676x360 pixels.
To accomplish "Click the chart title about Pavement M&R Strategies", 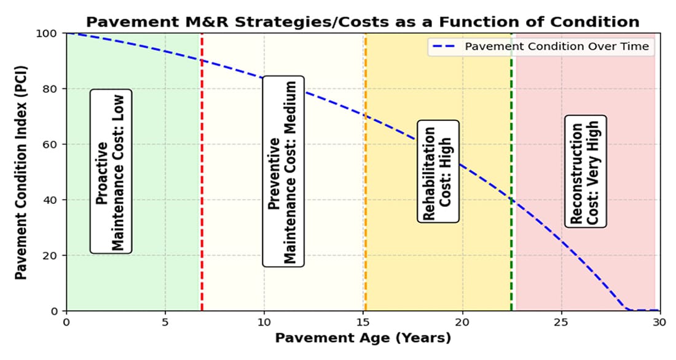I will pos(363,22).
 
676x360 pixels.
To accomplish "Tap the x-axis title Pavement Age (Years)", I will pos(363,337).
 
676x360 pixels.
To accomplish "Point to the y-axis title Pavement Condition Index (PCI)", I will pos(21,172).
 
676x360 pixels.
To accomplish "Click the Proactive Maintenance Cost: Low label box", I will pos(111,171).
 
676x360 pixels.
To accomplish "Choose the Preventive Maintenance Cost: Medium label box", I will pos(283,171).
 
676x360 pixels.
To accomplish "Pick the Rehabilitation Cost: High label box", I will pos(438,171).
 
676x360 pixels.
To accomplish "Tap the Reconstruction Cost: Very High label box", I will pos(584,171).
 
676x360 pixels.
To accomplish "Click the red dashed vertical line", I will pos(202,184).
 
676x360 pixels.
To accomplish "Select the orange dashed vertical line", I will pos(366,184).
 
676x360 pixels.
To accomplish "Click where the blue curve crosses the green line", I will pos(511,200).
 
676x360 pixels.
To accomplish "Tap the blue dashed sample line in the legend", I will pos(446,46).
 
